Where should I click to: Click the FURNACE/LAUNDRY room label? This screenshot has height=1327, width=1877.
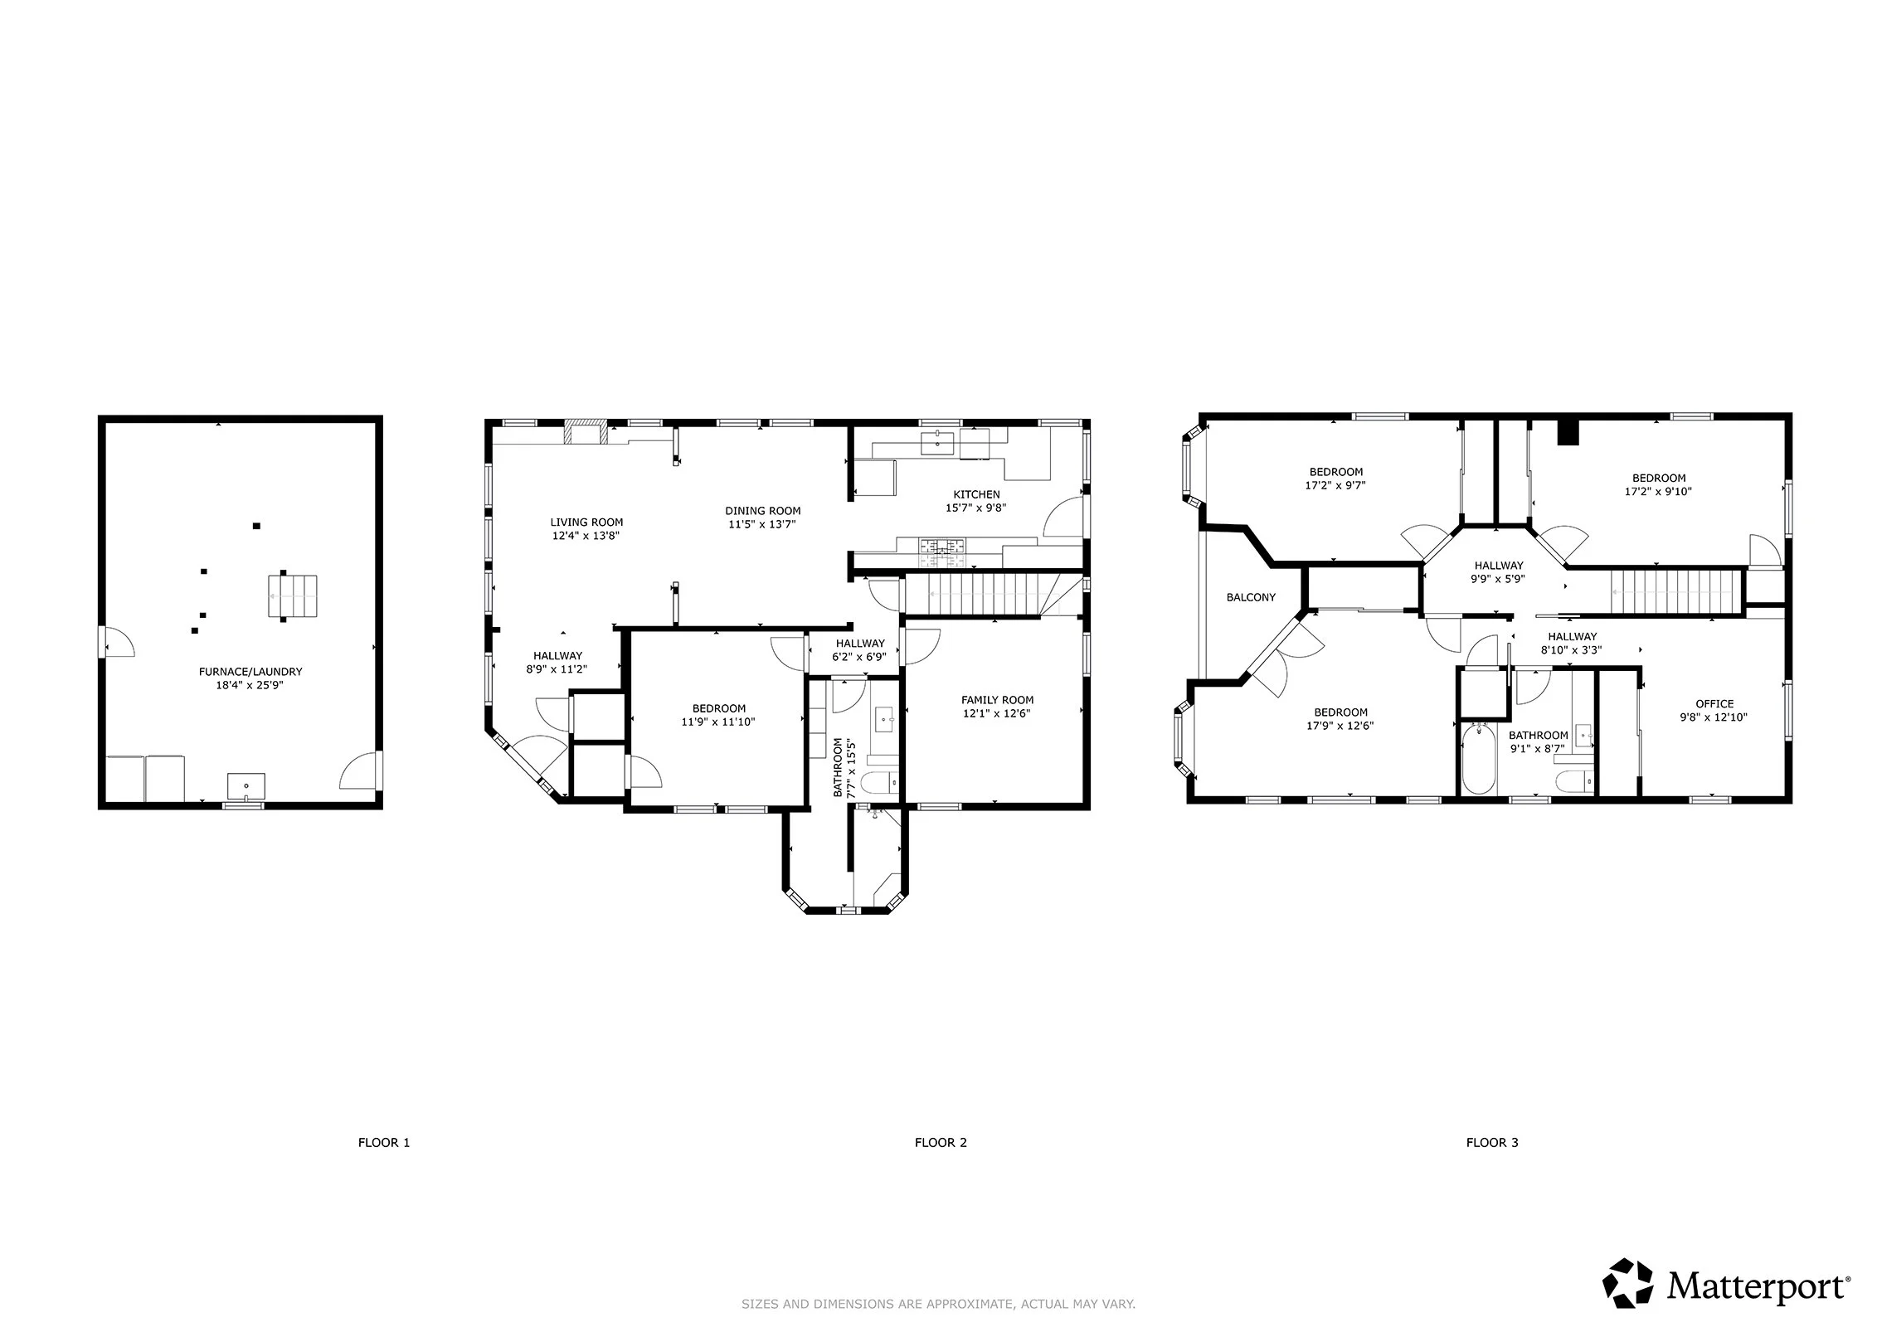(250, 672)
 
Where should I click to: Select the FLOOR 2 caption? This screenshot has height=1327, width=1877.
(941, 1142)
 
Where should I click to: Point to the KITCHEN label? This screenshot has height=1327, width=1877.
(976, 494)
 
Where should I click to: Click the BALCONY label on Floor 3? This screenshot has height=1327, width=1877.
(1251, 597)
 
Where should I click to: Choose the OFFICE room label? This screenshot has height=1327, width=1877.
(1714, 704)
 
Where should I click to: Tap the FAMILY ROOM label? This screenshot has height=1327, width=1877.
(997, 700)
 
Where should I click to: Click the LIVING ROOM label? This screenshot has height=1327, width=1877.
(586, 523)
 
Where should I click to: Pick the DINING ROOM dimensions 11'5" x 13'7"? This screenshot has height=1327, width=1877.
(762, 524)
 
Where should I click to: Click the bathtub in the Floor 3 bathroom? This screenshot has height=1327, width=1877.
(1478, 759)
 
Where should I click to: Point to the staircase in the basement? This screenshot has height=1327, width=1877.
(293, 596)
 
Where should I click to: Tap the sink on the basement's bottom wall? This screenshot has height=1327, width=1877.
(246, 785)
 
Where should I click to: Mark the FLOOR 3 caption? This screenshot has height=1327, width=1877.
(1492, 1142)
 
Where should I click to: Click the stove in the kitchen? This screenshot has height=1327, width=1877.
(941, 547)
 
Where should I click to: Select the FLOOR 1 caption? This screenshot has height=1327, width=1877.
(384, 1142)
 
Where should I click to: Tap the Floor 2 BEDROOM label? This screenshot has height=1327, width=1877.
(718, 708)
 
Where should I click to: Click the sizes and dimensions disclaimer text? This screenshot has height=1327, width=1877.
(938, 1305)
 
